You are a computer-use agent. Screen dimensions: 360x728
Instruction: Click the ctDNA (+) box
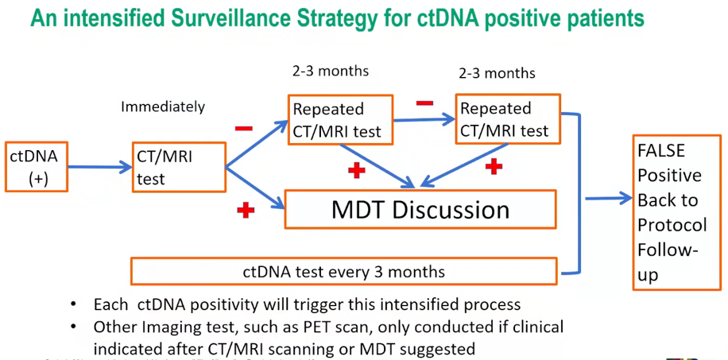(x=37, y=167)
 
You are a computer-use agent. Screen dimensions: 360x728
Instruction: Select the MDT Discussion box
(x=420, y=210)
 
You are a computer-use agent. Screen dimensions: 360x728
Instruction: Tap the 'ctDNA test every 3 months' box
(x=343, y=272)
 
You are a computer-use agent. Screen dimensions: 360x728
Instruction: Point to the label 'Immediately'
(x=163, y=106)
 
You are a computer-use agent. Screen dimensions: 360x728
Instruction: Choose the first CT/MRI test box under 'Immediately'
(x=178, y=167)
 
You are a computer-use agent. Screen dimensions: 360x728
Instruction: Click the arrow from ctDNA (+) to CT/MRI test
(x=100, y=167)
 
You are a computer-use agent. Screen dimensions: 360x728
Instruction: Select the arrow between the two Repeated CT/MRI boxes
(x=423, y=121)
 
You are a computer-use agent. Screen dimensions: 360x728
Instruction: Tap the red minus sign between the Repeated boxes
(x=424, y=103)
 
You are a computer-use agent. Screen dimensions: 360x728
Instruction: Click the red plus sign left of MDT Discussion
(x=246, y=211)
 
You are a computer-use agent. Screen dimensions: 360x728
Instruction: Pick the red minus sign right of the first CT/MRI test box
(x=243, y=128)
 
